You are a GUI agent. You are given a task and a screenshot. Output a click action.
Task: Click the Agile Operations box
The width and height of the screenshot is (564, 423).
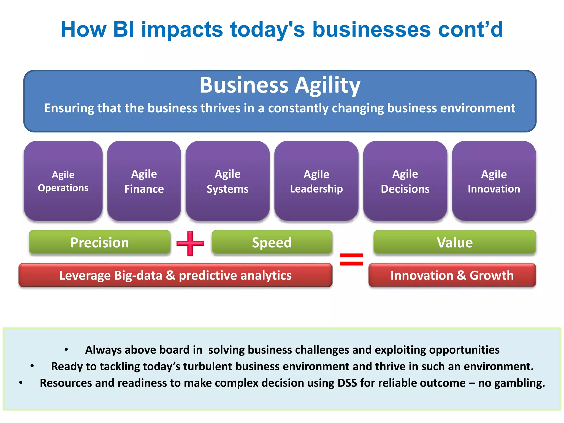pos(63,181)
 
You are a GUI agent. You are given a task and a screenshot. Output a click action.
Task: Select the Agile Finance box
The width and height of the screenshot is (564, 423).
pos(144,181)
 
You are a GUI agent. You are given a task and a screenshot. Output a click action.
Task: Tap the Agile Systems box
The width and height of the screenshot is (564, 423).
pos(227,181)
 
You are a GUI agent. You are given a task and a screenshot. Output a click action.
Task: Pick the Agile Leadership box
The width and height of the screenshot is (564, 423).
pos(316,181)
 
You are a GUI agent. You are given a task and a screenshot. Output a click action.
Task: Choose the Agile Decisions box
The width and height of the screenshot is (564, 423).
pos(405,181)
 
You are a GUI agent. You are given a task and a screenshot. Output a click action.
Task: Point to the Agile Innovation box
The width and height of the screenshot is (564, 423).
pos(494,181)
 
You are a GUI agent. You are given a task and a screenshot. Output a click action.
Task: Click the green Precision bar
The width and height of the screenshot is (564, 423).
pos(99,242)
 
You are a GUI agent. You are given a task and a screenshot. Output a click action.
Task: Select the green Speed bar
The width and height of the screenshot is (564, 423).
pos(272,242)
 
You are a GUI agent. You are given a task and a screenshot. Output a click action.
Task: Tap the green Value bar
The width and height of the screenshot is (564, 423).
pos(455,242)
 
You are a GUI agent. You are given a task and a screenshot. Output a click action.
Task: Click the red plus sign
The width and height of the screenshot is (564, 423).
pos(190,243)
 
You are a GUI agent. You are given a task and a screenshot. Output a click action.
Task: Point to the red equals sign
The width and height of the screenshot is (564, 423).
pos(351,259)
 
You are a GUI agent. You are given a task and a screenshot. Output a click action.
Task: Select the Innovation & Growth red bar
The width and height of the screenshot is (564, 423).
pos(452,275)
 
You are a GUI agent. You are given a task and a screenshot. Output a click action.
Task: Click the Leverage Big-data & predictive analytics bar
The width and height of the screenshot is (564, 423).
pos(175,275)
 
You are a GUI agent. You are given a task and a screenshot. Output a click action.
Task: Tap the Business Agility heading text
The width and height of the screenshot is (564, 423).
pos(280,85)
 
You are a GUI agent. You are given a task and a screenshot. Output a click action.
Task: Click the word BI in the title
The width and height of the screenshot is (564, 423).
pos(124,29)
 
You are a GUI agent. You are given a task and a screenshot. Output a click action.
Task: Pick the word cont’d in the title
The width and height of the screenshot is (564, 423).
pos(470,29)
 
